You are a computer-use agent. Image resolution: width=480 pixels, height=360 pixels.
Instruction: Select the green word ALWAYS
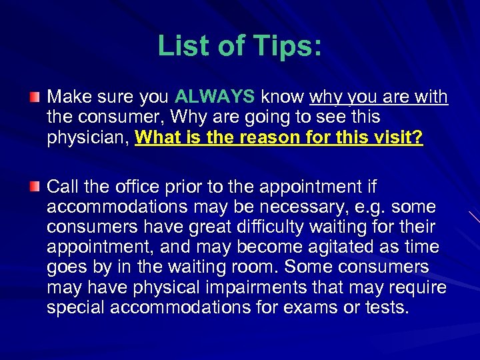pos(215,97)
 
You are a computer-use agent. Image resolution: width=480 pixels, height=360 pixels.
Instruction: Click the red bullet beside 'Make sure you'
pos(35,97)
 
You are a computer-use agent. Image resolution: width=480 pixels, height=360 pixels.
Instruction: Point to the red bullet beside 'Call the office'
pos(35,185)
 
